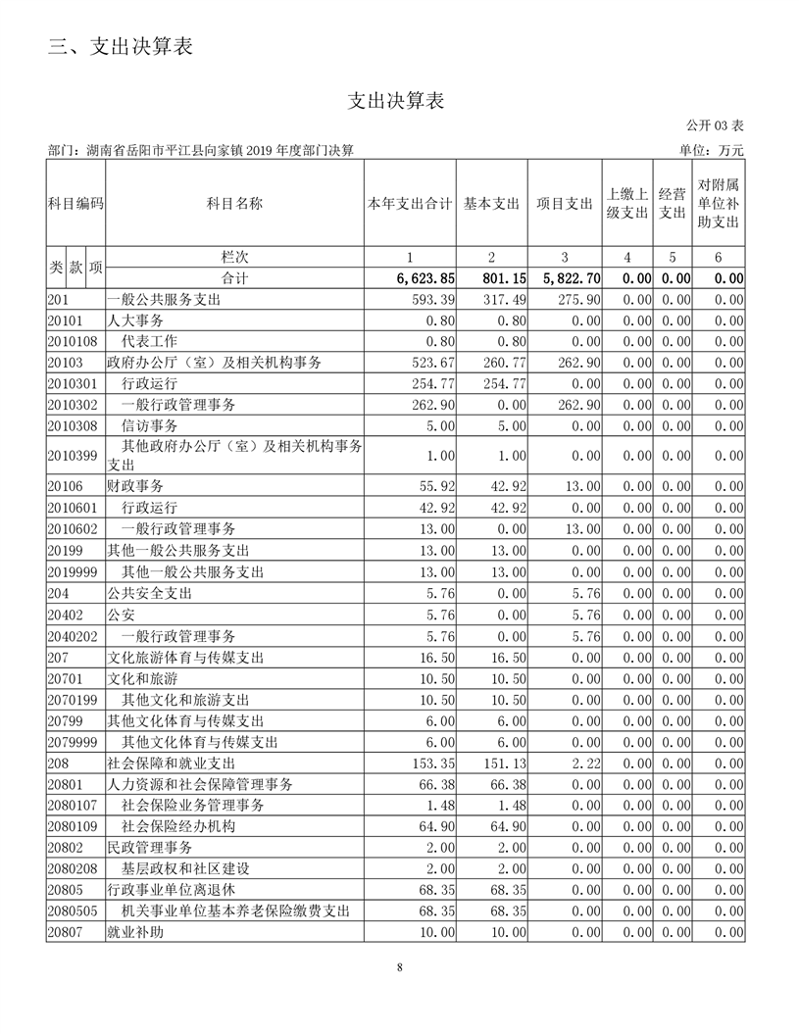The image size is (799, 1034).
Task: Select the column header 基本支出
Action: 491,204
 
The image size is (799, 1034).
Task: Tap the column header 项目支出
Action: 564,204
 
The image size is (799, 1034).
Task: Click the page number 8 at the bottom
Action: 400,967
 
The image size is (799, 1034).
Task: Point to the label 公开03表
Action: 715,125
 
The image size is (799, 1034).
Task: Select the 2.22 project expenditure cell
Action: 584,763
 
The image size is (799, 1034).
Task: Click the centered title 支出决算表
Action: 397,101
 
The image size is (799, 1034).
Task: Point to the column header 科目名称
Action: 233,204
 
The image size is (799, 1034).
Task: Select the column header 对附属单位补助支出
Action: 718,204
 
